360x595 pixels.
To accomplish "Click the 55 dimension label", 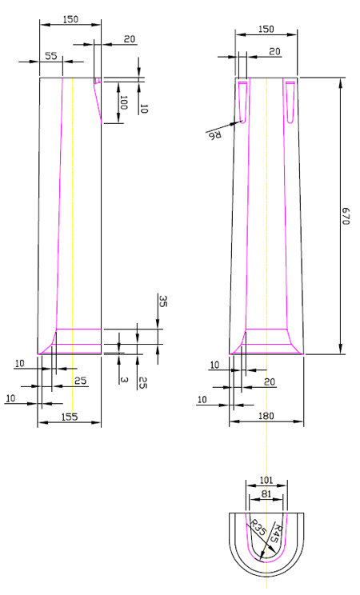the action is [x=51, y=56].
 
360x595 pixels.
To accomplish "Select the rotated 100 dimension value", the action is [x=123, y=102].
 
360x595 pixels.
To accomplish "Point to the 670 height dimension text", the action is [x=345, y=216].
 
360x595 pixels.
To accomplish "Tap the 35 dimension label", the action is [x=163, y=301].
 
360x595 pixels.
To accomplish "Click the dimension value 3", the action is [x=122, y=380].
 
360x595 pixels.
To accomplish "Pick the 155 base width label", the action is [x=70, y=417].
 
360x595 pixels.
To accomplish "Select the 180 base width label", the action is [x=266, y=416].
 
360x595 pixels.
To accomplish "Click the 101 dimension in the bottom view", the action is [x=266, y=481].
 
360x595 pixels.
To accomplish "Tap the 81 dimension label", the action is [x=266, y=494].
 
